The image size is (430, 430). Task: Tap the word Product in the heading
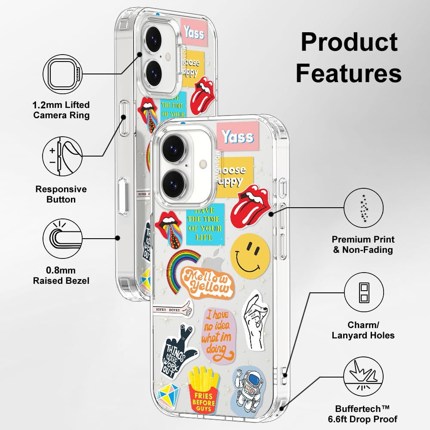click(x=349, y=42)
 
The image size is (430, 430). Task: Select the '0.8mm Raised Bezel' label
click(x=61, y=275)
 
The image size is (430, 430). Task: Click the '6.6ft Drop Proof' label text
click(x=366, y=418)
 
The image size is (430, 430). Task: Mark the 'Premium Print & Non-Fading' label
click(x=363, y=244)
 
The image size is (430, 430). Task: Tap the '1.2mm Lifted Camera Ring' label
click(x=61, y=110)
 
